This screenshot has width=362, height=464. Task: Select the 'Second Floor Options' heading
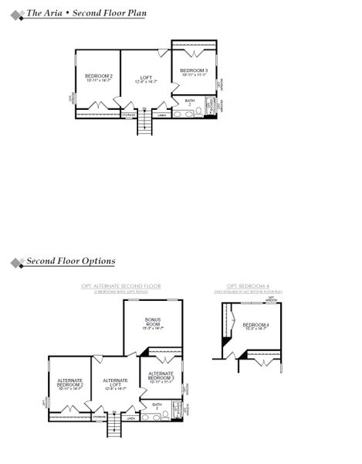click(x=70, y=261)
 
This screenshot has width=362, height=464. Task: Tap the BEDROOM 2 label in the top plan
click(x=99, y=77)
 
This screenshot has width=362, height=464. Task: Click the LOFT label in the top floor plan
click(x=145, y=77)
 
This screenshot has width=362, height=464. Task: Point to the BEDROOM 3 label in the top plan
click(x=194, y=71)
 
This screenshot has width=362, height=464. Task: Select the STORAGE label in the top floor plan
click(x=129, y=114)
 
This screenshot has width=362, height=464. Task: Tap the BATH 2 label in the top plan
click(x=190, y=102)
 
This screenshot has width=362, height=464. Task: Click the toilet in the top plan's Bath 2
click(x=201, y=112)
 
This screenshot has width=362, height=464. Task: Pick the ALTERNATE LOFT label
click(x=115, y=382)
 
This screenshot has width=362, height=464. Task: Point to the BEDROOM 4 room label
click(x=255, y=325)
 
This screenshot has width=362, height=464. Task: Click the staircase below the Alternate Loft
click(x=115, y=426)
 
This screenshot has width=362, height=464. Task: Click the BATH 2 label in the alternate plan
click(x=157, y=406)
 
